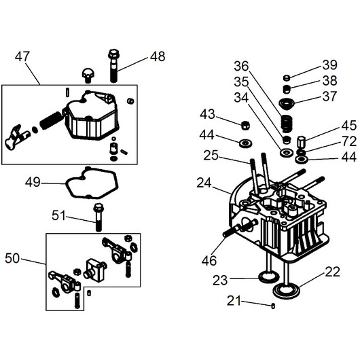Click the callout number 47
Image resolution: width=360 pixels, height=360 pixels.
(22, 56)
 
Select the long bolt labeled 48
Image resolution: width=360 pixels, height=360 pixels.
(113, 66)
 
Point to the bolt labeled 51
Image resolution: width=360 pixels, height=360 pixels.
(98, 217)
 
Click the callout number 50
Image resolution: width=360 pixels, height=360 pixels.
(12, 258)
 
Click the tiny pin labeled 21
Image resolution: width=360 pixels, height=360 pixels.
(273, 306)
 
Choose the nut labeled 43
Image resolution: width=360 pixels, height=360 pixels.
(245, 126)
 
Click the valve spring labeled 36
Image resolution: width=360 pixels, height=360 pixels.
(287, 124)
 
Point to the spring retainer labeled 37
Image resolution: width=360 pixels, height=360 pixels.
(287, 103)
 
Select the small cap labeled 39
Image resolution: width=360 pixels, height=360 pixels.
(287, 78)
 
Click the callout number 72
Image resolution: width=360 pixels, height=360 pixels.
(349, 142)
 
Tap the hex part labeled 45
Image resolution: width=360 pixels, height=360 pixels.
(301, 143)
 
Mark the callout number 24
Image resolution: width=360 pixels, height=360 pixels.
(204, 183)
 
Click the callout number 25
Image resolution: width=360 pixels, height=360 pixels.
(211, 156)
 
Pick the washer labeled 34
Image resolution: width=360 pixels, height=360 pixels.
(285, 152)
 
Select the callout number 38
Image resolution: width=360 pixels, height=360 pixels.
(329, 81)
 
